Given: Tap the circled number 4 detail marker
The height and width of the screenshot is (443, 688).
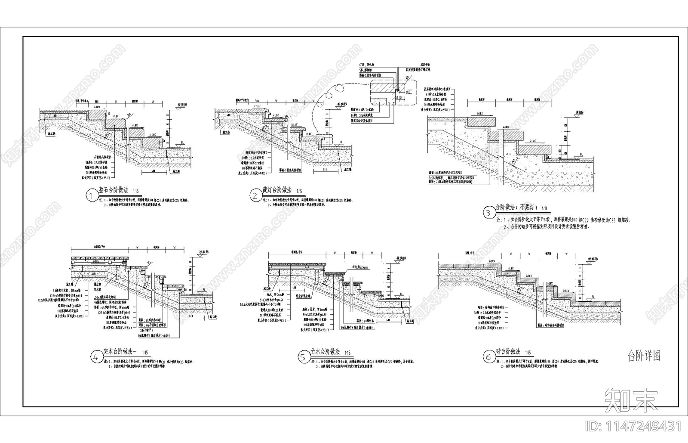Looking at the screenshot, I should coord(96,357).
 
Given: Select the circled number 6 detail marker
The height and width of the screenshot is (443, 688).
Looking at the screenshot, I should coord(488,357).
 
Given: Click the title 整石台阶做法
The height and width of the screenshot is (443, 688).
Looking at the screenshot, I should coord(114,190).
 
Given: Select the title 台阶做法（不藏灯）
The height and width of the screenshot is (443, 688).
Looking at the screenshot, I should coord(514,208).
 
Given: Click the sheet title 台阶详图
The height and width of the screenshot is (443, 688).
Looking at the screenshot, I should coord(644,356).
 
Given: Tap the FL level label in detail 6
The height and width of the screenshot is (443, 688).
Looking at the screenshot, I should coord(593,297).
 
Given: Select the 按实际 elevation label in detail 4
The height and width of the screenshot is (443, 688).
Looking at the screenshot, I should coord(203,252).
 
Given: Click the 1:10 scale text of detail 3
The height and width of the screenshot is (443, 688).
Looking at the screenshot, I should coord(544,208).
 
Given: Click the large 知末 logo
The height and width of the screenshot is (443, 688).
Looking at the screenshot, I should coord(631,400).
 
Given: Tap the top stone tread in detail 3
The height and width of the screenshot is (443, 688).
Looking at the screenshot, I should coord(481,122).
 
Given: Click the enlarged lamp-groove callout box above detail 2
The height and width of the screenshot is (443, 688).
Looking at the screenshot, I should coord(392,91).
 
